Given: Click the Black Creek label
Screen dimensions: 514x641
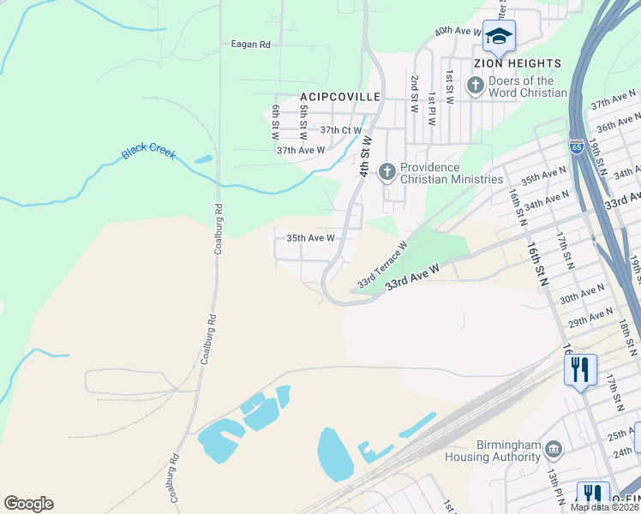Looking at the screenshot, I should point(148,151).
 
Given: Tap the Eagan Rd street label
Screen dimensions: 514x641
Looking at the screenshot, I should point(251,45).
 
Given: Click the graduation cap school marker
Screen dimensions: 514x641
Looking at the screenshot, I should point(499,36).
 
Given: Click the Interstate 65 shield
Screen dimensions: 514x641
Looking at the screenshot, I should point(578,146).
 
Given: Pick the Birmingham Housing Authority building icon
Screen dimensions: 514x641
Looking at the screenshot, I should point(554,449).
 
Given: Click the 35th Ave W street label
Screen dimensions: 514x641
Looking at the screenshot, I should point(310,238).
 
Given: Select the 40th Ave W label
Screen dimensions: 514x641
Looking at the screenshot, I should point(458,31).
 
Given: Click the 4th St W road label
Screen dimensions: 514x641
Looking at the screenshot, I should point(365,156).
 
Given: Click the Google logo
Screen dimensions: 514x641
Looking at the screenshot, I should point(28,504).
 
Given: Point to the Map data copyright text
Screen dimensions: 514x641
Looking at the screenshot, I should point(605,507).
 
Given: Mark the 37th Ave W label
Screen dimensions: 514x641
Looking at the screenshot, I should point(301,150).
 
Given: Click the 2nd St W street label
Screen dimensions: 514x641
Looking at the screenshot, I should point(414,94).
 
